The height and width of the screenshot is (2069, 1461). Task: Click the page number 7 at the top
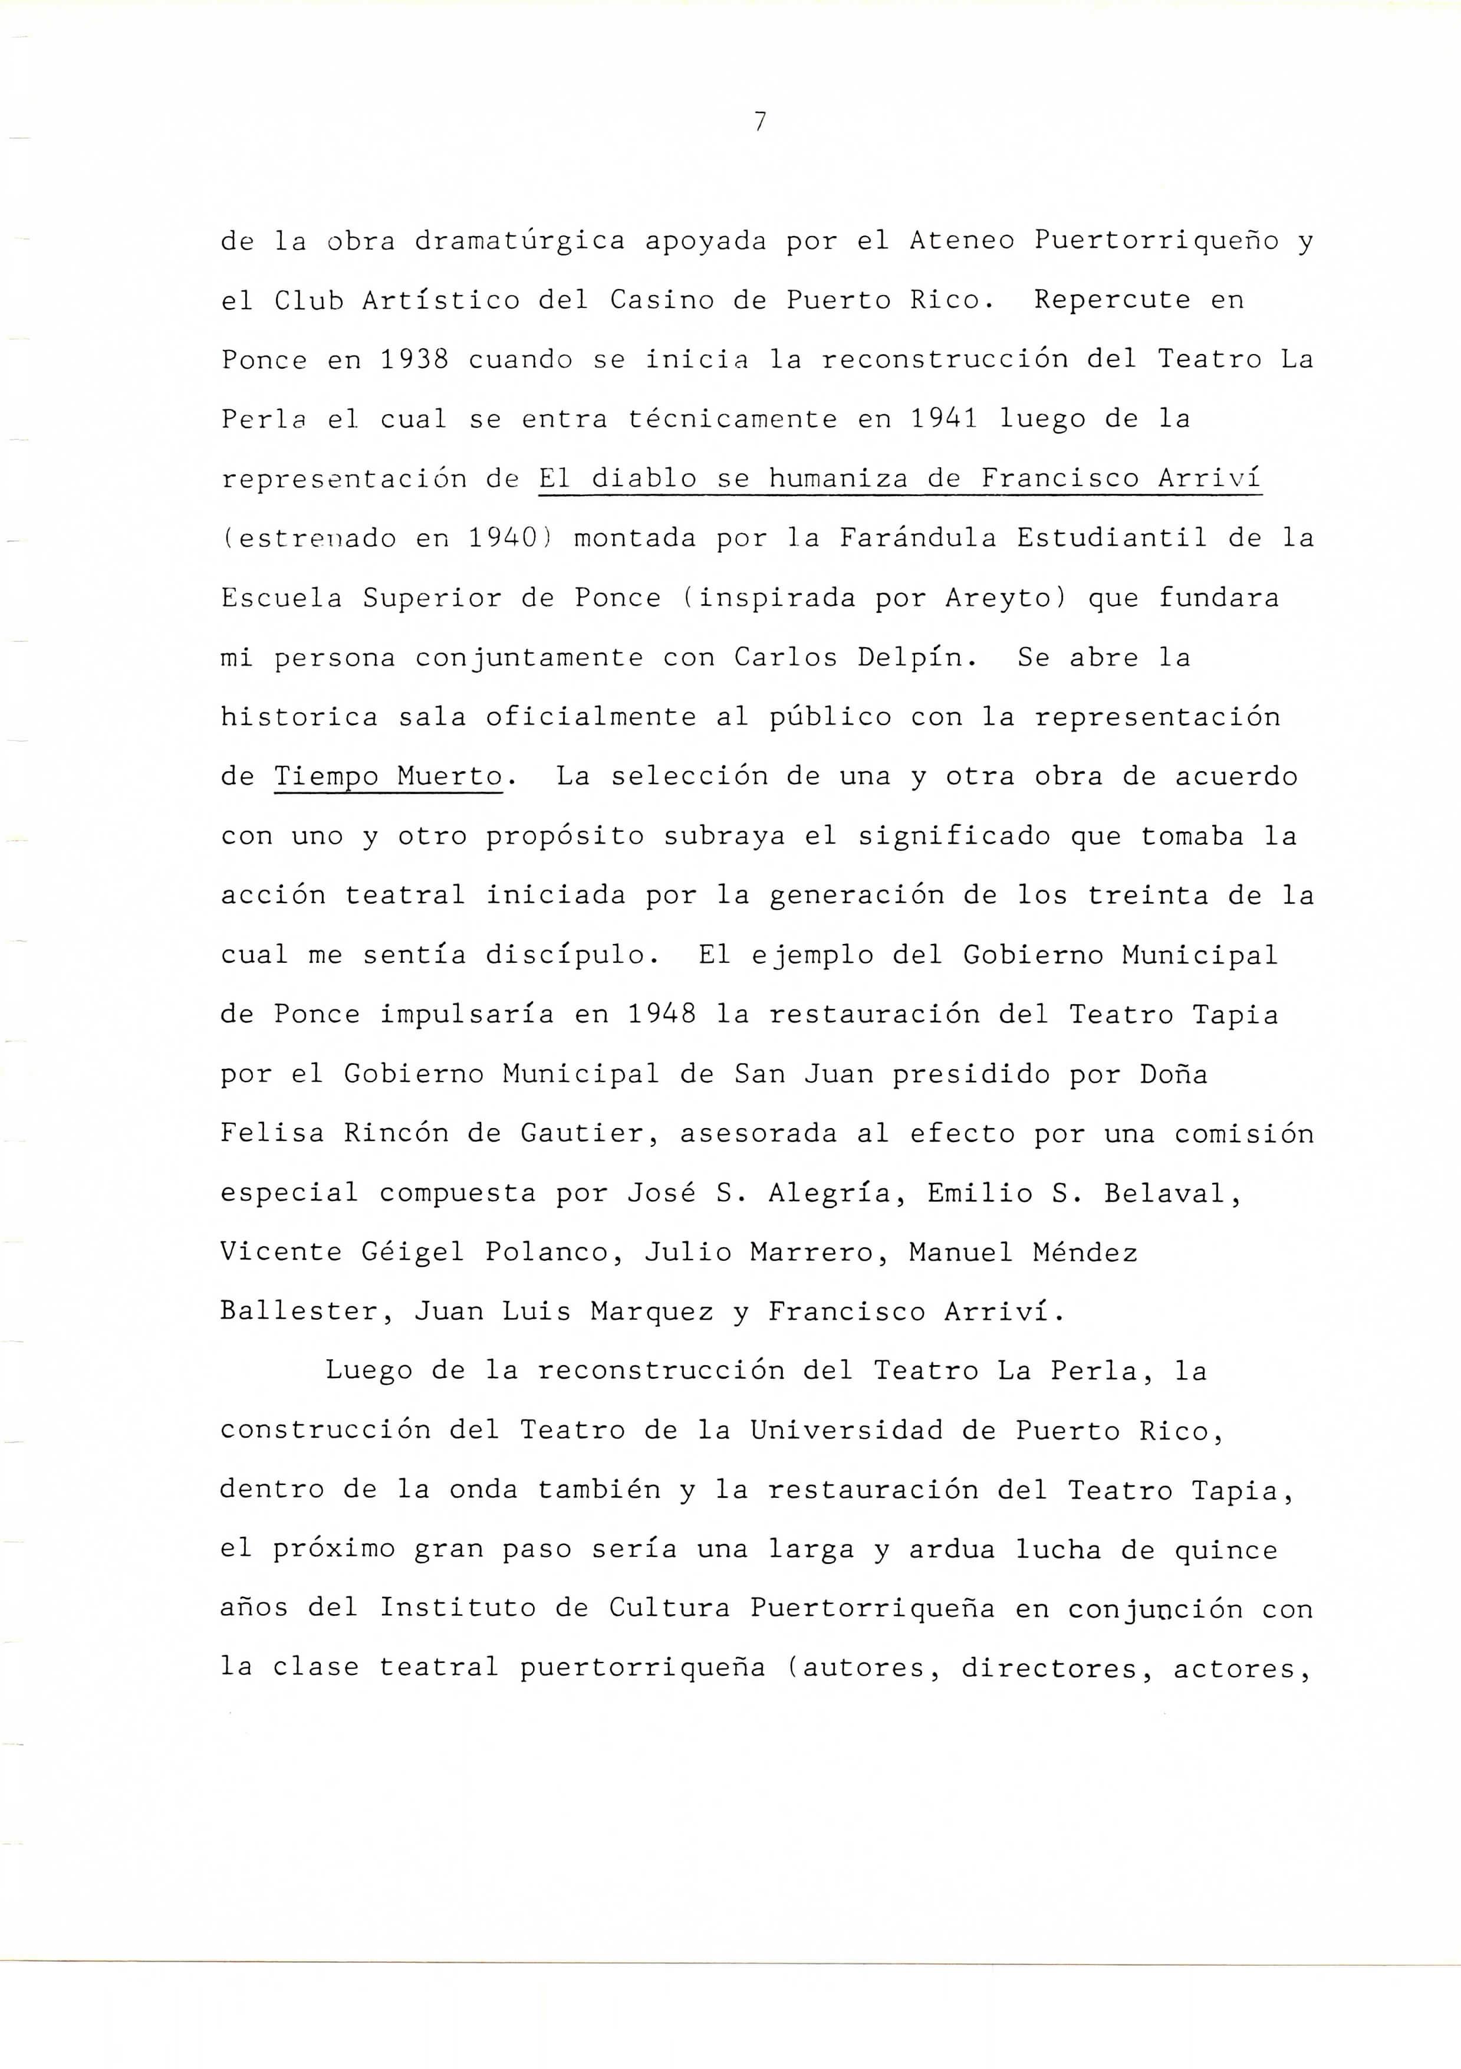pos(760,122)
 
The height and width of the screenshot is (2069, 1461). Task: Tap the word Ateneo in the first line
pos(962,241)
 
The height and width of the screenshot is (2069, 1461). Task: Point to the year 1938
pos(414,359)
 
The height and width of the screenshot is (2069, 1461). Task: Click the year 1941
pos(944,419)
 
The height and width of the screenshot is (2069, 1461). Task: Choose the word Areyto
pos(997,598)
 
